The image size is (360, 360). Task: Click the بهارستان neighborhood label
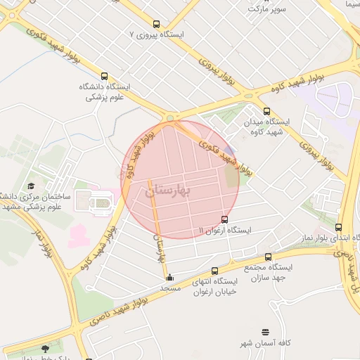[168, 191]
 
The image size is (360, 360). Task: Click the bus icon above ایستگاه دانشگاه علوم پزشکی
[105, 76]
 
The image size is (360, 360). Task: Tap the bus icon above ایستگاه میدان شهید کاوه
[266, 110]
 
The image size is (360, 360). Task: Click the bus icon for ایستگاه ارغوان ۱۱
[224, 219]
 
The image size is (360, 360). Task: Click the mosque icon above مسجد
[169, 277]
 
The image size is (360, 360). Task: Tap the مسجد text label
[170, 288]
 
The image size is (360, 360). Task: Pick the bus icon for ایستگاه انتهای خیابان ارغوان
[214, 271]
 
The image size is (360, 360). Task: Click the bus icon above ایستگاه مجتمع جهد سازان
[269, 257]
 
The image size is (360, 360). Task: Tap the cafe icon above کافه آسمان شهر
[265, 331]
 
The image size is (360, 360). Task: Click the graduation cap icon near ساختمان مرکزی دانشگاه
[30, 186]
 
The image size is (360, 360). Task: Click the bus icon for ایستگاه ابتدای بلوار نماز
[339, 227]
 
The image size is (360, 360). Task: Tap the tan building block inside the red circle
[232, 176]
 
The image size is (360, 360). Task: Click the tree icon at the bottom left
[46, 348]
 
